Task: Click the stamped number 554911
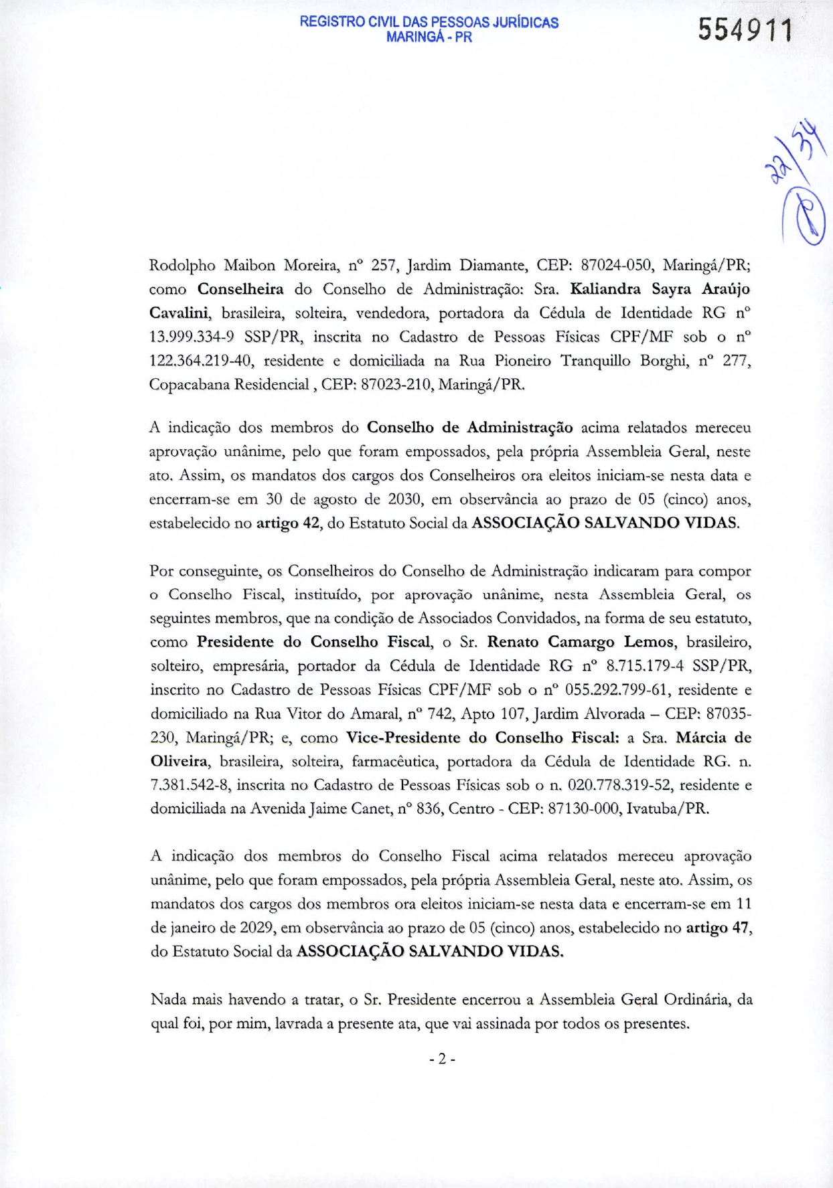(x=745, y=31)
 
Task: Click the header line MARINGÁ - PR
(x=429, y=37)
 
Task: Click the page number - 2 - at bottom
(x=442, y=1059)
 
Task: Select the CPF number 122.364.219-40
(x=200, y=361)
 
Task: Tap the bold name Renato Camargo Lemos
(x=580, y=643)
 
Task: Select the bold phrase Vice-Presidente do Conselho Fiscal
(x=482, y=738)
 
